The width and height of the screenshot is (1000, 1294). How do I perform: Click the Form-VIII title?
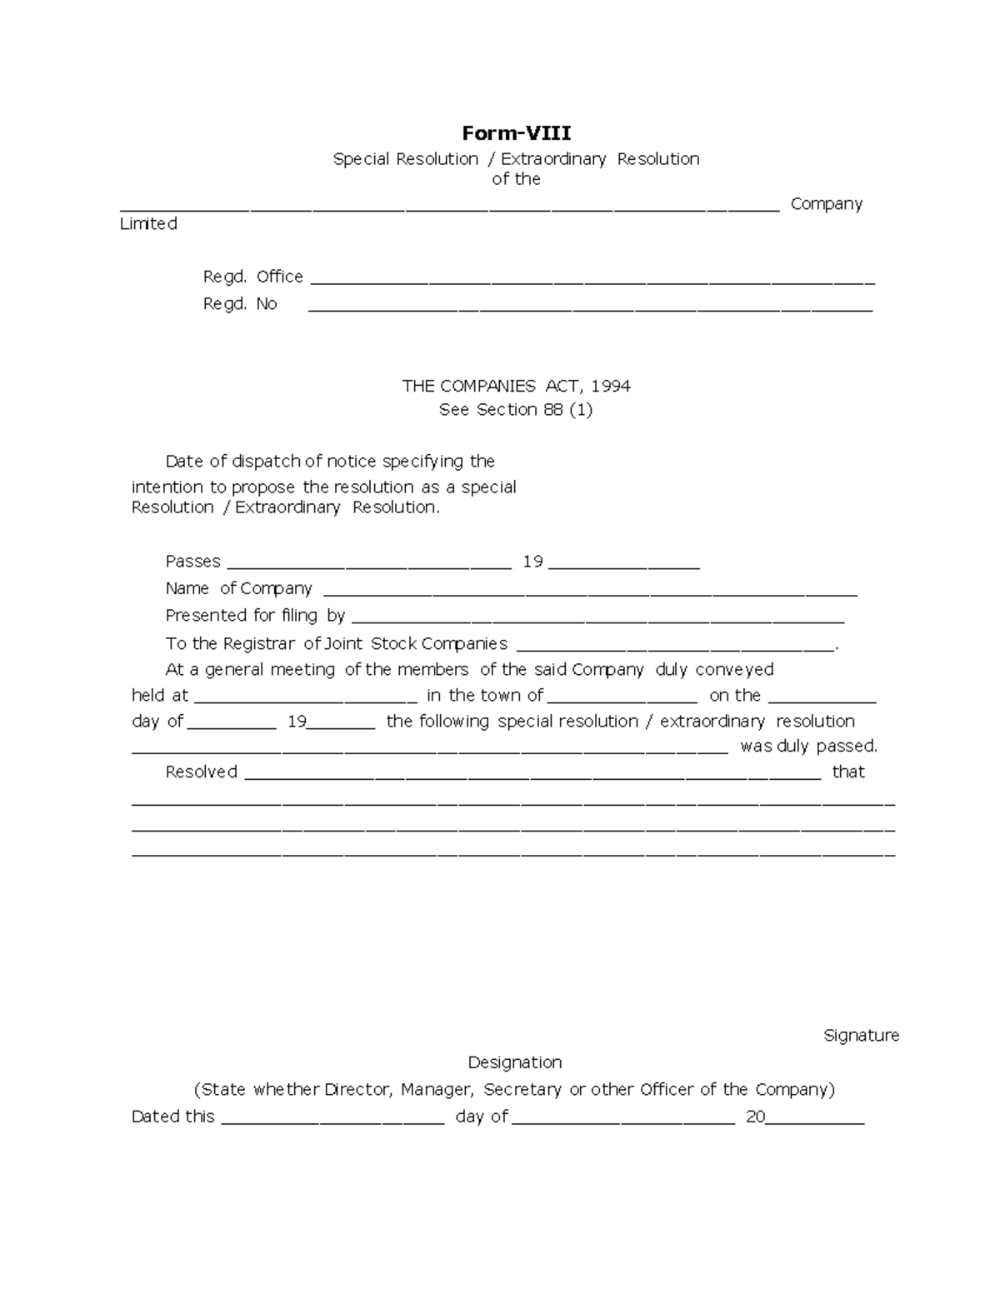coord(517,133)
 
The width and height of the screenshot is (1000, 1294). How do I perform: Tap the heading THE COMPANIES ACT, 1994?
coord(516,386)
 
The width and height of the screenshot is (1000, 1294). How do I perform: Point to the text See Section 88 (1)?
coord(516,410)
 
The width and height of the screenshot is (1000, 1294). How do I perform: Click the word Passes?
coord(192,562)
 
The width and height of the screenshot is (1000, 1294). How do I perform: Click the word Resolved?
coord(201,772)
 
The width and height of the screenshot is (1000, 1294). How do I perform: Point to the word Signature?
coord(861,1036)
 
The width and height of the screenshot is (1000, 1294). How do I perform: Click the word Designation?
coord(515,1062)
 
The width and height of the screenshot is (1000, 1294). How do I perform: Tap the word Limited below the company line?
coord(148,224)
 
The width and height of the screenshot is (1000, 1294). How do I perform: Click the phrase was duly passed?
coord(808,747)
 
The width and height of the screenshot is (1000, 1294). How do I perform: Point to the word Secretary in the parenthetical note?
coord(522,1090)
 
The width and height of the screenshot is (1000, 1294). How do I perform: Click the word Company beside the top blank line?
coord(826,204)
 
